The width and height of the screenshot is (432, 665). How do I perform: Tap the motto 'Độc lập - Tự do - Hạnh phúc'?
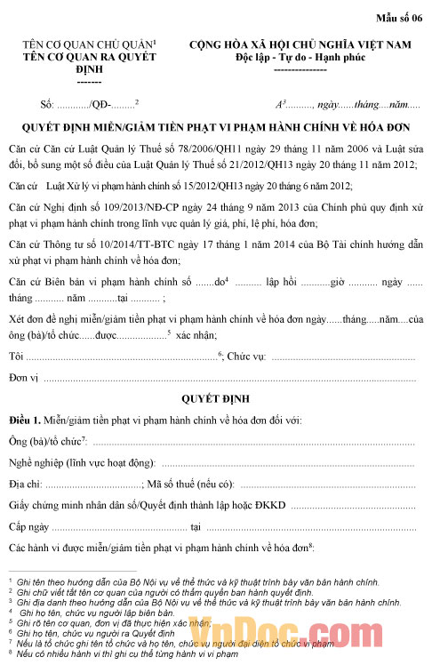click(300, 57)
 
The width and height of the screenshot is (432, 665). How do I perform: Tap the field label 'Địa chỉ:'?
click(25, 484)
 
